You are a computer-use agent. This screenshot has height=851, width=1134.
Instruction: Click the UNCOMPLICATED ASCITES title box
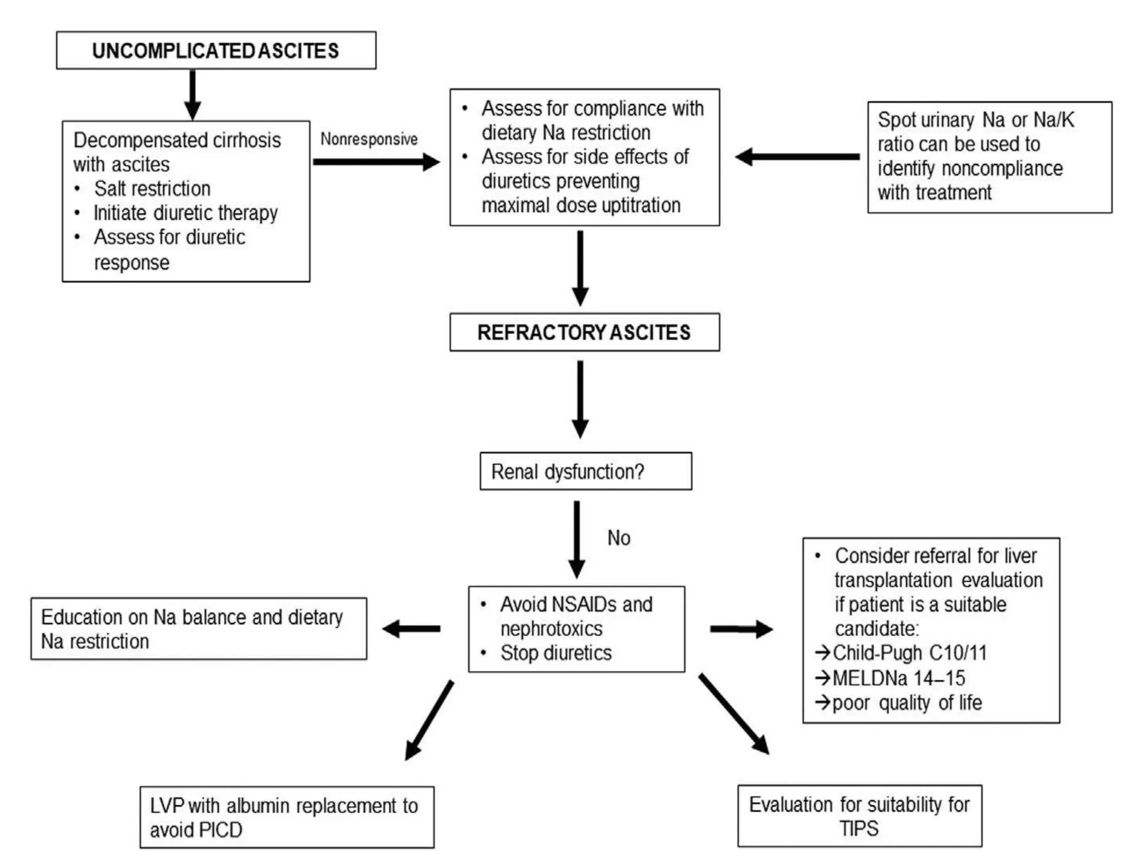coord(216,50)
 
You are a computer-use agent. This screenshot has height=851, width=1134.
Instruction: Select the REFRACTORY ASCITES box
coord(584,332)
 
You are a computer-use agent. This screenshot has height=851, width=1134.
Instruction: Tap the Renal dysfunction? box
coord(585,471)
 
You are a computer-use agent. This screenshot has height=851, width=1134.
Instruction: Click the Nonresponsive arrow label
coord(369,139)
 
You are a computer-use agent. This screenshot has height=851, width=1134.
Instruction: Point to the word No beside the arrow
coord(618,538)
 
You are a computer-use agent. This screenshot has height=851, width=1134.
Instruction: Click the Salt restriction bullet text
coord(152,189)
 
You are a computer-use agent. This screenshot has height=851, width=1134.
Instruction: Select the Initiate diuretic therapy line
coord(185,213)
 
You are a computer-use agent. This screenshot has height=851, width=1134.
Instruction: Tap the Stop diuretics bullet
coord(556,653)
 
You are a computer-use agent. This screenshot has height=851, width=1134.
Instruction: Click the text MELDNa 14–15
coord(899,678)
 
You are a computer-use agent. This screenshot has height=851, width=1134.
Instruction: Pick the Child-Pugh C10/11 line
coord(909,653)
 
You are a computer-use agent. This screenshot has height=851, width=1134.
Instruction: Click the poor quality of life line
coord(906,703)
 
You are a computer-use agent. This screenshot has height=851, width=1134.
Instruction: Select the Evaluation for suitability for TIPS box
coord(859,816)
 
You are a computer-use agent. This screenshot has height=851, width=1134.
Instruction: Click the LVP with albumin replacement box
coord(286,817)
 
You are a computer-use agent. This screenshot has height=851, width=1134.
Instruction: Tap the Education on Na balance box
coord(198,629)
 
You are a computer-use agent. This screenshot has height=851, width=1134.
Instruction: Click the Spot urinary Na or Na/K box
coord(989,157)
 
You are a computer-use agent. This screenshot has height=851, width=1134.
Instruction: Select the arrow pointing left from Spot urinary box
coord(797,157)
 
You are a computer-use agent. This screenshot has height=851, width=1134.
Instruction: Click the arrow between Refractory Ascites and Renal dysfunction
coord(580,399)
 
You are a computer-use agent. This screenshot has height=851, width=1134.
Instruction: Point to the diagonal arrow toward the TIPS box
coord(734,714)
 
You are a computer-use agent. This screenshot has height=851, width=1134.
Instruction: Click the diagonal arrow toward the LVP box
coord(430,720)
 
